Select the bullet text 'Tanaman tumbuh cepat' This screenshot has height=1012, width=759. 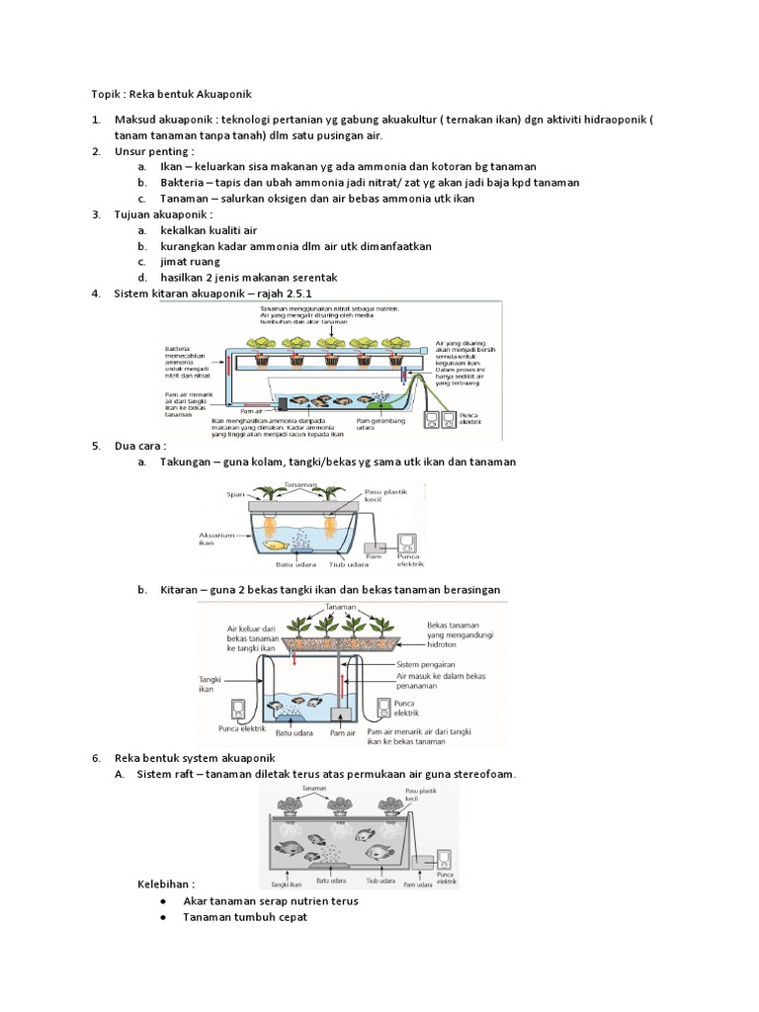(245, 917)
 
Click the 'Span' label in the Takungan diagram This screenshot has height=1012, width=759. (235, 492)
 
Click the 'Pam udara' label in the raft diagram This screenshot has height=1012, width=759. (418, 885)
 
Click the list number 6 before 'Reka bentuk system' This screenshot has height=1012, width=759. (96, 758)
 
